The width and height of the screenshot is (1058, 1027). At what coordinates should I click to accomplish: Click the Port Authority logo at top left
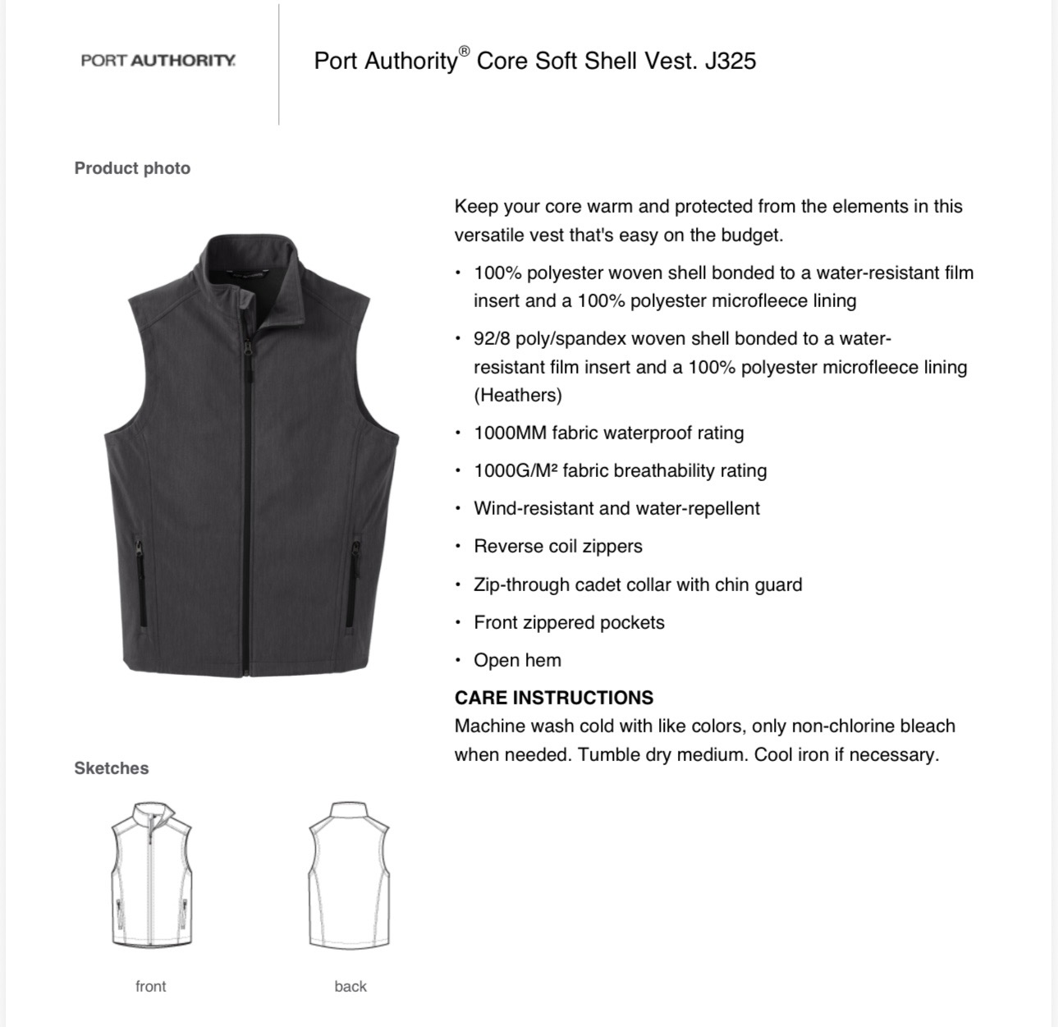[x=158, y=61]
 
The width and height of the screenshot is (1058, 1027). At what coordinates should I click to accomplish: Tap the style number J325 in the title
[x=730, y=61]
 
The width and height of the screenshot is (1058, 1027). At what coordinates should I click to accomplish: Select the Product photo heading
[x=132, y=168]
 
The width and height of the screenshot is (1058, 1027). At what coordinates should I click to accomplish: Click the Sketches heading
[x=112, y=768]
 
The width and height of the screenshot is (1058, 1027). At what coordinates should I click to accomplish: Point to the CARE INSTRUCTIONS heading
[x=554, y=698]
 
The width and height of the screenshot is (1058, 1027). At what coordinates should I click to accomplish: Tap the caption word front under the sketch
[x=151, y=986]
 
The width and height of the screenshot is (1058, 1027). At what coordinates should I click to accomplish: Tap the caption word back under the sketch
[x=350, y=986]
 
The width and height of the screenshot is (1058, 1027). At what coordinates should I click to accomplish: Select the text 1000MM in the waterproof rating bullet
[x=510, y=433]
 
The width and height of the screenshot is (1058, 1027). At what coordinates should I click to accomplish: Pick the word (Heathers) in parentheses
[x=518, y=395]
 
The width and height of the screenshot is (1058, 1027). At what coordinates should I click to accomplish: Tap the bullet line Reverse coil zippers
[x=558, y=546]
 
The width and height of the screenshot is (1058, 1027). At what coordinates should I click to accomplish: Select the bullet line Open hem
[x=517, y=660]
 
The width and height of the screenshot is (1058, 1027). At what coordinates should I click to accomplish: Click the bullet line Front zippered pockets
[x=569, y=622]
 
